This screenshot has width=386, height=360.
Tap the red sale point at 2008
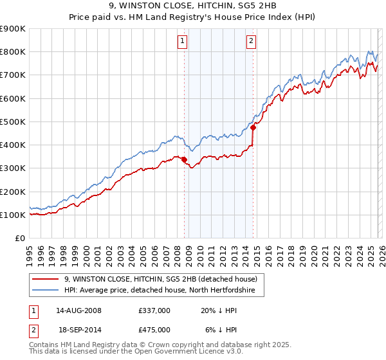pyautogui.click(x=185, y=159)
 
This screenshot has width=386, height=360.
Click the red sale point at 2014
pyautogui.click(x=253, y=127)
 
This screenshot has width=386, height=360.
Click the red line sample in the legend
pyautogui.click(x=45, y=279)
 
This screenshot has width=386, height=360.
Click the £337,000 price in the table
pyautogui.click(x=154, y=310)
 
